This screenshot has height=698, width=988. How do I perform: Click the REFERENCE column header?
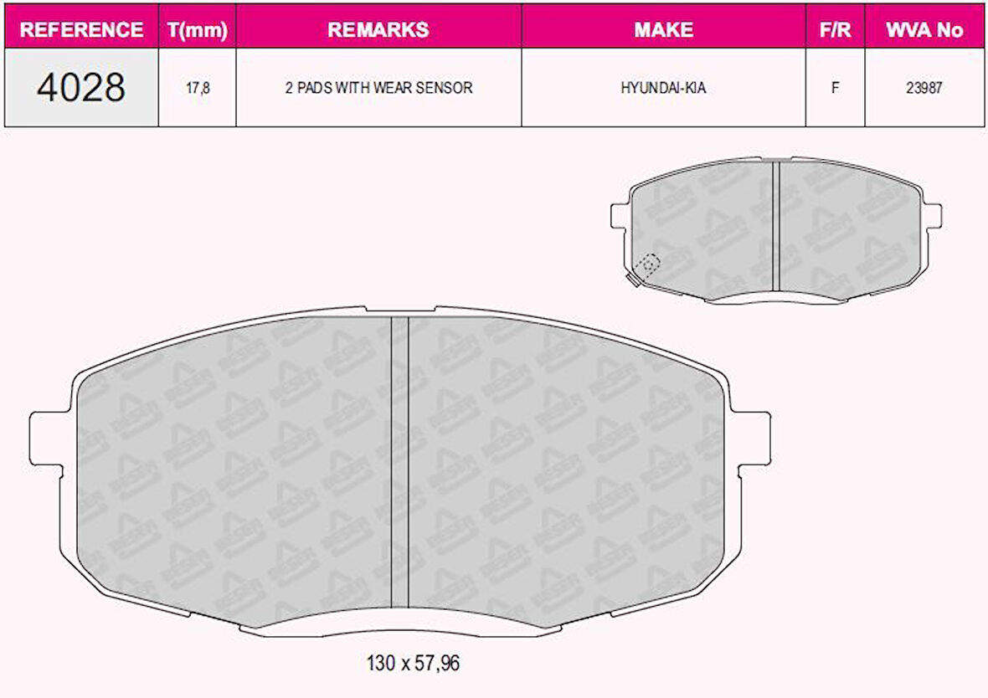tap(81, 29)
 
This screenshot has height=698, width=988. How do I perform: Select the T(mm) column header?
tap(197, 29)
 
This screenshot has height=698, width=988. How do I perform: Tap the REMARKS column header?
tap(378, 29)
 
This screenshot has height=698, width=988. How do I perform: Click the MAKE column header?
tap(663, 29)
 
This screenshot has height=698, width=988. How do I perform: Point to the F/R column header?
tap(835, 29)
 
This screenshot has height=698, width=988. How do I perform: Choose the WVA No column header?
tap(924, 29)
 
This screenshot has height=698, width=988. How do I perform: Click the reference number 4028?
tap(81, 87)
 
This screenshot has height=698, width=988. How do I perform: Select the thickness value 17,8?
tap(197, 87)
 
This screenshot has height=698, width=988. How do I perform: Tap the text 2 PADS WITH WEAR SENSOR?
tap(378, 87)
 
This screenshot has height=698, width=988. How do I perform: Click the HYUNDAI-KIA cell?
tap(663, 87)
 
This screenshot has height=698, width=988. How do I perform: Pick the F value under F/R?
tap(835, 87)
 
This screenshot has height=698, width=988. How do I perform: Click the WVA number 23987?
tap(924, 87)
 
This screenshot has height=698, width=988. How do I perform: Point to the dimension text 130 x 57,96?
tap(413, 664)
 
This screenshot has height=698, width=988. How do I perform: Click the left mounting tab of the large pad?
tap(49, 435)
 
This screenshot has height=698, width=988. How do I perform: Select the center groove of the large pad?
tap(399, 460)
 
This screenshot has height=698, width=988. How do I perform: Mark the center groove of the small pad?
tap(775, 226)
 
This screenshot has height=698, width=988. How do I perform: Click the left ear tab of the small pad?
tap(620, 215)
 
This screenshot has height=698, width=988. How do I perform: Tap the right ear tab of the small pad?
tap(932, 215)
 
